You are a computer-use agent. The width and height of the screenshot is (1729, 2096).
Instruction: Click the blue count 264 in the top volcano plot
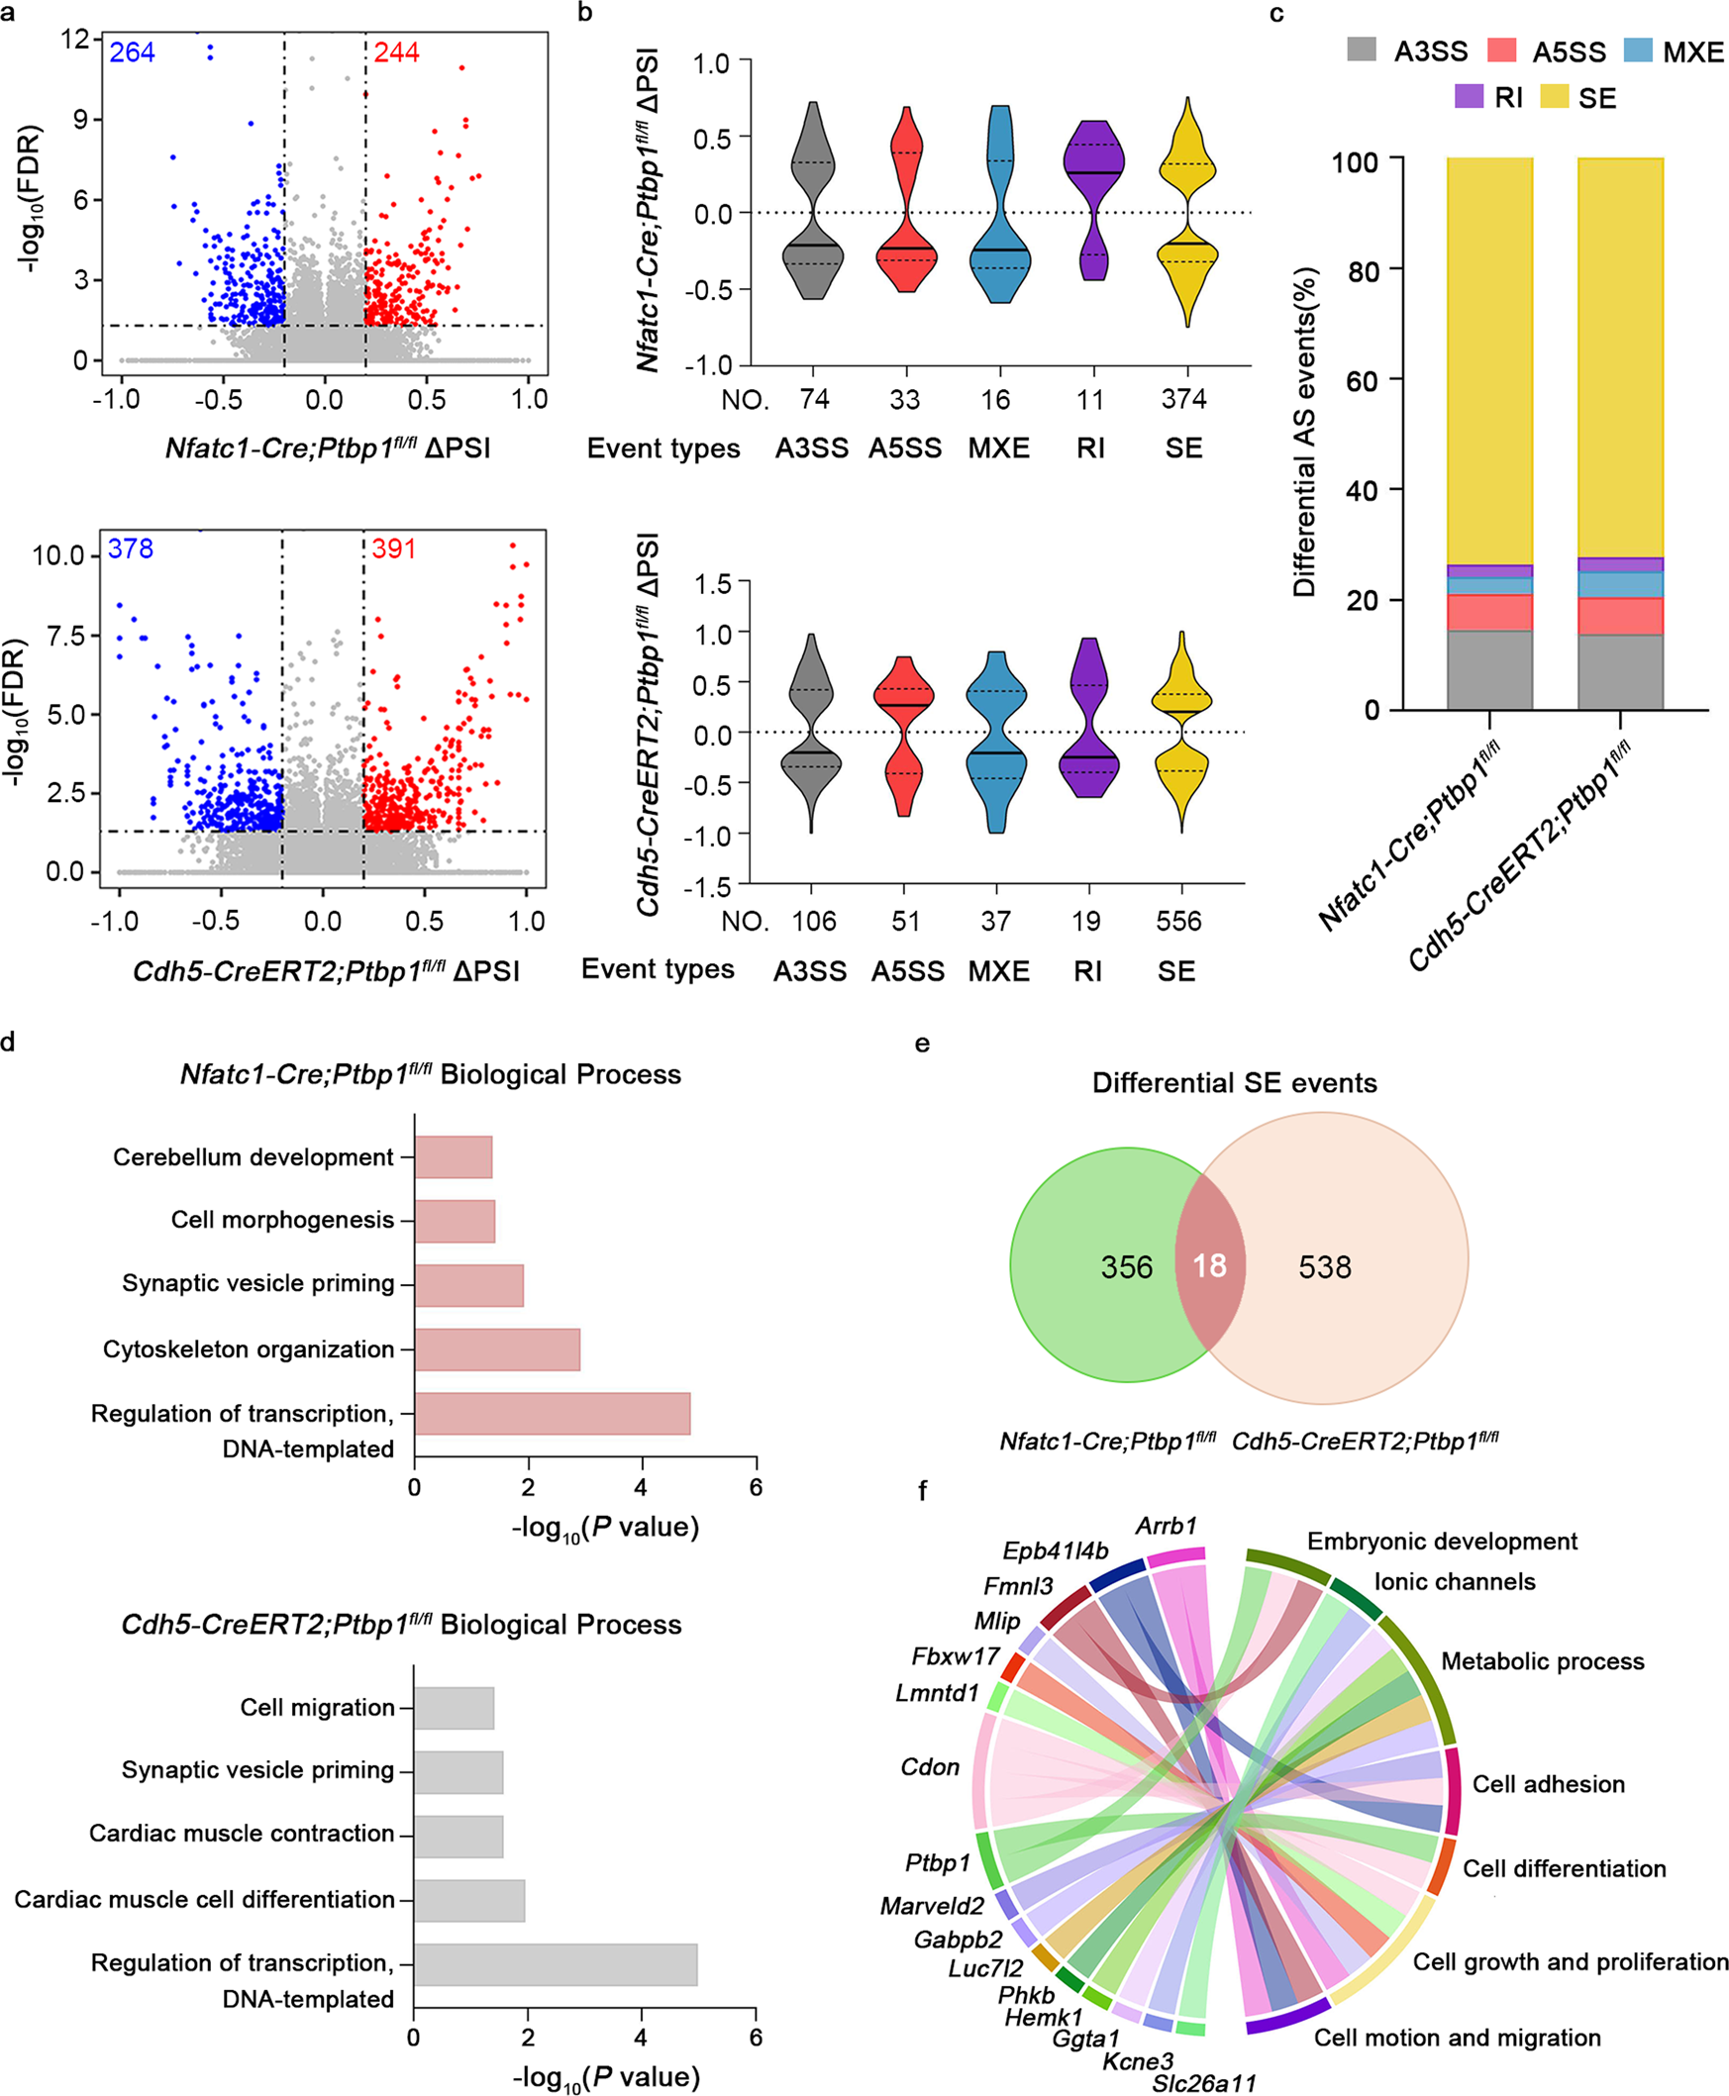point(132,51)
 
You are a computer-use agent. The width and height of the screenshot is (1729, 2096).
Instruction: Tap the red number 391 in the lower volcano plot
point(393,549)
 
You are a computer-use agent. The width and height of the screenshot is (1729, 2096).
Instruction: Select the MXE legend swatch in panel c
point(1638,50)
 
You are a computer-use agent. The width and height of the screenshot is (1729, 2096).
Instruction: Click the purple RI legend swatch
point(1469,97)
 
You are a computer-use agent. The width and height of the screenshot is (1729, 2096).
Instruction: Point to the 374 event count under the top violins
point(1183,399)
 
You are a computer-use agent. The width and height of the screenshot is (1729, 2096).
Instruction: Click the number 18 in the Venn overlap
point(1209,1265)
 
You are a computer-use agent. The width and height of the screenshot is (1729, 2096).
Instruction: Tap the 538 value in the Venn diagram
point(1325,1266)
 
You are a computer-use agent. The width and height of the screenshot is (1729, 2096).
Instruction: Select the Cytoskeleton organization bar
point(497,1349)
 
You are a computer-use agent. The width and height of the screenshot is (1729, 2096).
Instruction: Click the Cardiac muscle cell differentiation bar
point(469,1900)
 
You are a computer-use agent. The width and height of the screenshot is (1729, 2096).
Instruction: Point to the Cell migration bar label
point(318,1708)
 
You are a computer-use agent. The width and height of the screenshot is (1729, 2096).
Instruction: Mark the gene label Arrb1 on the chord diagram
point(1167,1526)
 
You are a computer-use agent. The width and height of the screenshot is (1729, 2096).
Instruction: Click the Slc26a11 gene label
point(1204,2083)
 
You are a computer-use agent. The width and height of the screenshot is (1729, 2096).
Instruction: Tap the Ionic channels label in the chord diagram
point(1454,1581)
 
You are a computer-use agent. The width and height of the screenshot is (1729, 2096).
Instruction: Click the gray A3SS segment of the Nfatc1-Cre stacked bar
point(1489,669)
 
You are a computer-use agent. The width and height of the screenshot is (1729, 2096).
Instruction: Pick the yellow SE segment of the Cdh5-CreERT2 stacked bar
point(1620,358)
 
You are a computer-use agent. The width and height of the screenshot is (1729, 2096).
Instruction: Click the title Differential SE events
point(1234,1082)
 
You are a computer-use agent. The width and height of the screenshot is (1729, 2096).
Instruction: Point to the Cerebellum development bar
point(454,1157)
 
